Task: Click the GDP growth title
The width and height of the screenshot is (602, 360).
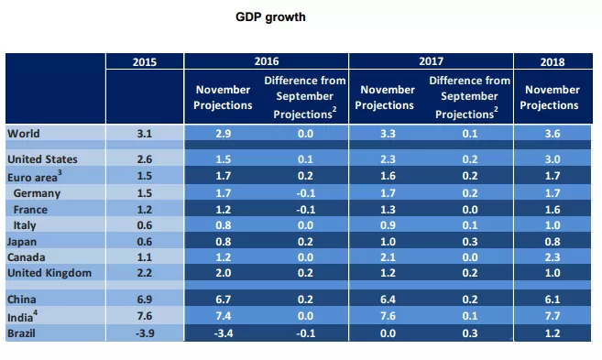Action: pos(270,17)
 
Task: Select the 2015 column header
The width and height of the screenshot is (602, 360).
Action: pos(145,62)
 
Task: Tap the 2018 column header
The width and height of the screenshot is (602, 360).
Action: pos(553,62)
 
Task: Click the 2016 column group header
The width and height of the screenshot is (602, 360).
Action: pos(267,61)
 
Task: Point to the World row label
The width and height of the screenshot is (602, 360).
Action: pos(24,134)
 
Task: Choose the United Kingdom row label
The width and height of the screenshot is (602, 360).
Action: pos(49,273)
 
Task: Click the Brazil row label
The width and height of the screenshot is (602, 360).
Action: pos(21,333)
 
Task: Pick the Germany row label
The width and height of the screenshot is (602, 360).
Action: pos(37,193)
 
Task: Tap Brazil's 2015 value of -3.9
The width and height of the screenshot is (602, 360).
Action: pos(145,333)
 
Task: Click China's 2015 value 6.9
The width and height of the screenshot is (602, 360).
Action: pos(145,300)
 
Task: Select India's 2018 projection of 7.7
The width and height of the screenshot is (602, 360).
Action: pos(553,316)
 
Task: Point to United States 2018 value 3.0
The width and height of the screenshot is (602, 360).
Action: pos(553,159)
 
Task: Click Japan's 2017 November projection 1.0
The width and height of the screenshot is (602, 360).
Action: pos(388,242)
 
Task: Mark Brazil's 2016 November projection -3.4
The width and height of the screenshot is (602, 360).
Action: pos(223,333)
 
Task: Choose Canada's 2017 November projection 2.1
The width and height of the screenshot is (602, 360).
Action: pos(388,257)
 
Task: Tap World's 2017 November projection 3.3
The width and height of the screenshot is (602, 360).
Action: pos(388,134)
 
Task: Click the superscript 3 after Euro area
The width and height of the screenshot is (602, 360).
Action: pos(60,173)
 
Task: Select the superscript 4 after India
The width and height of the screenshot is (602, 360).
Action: pos(36,313)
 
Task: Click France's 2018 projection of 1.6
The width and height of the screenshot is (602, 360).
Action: pos(553,210)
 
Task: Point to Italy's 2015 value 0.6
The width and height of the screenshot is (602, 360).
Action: pos(145,225)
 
